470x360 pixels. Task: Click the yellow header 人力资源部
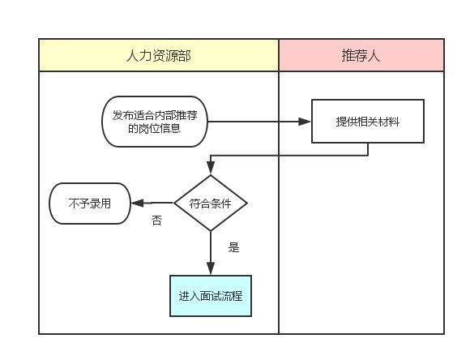(x=159, y=55)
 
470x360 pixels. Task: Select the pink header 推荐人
(x=361, y=55)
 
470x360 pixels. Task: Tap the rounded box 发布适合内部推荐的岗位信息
(x=154, y=122)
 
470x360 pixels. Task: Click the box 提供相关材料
(x=368, y=122)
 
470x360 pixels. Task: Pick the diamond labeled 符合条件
(x=211, y=203)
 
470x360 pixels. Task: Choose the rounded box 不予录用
(x=90, y=203)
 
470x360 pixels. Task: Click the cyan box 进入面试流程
(x=211, y=296)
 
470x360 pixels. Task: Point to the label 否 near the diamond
(x=156, y=220)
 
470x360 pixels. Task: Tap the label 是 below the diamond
(x=234, y=248)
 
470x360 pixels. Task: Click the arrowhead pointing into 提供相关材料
(x=305, y=122)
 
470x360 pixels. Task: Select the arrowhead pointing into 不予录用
(x=139, y=203)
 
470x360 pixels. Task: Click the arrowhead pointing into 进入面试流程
(x=211, y=269)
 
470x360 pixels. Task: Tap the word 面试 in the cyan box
(x=211, y=296)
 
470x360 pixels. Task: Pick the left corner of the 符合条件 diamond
(x=176, y=203)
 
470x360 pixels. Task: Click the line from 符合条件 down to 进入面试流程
(x=211, y=247)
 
